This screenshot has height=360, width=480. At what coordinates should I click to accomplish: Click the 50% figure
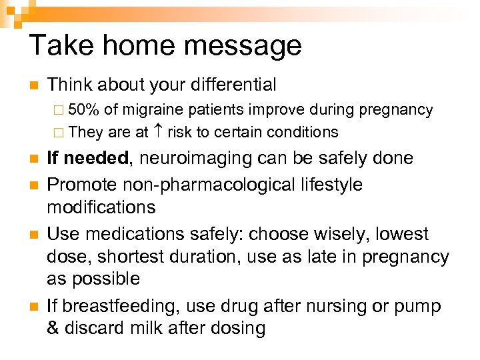click(x=84, y=109)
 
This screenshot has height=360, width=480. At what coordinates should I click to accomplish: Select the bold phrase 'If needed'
click(x=87, y=158)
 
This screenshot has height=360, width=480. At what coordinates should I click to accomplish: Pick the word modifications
click(x=101, y=207)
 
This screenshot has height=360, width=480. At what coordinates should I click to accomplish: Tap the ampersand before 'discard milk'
click(x=53, y=328)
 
